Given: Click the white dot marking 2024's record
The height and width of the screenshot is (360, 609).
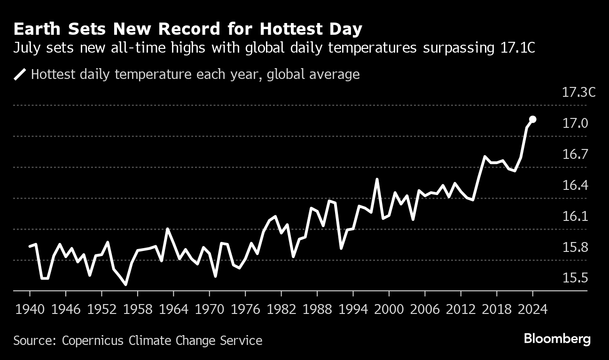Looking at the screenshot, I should pyautogui.click(x=533, y=119).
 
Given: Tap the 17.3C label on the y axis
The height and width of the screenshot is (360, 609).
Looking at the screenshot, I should pyautogui.click(x=578, y=92).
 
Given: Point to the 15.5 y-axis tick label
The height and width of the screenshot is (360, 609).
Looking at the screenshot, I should pyautogui.click(x=575, y=278).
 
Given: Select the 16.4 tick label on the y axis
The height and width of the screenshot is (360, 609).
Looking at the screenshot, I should pyautogui.click(x=575, y=186).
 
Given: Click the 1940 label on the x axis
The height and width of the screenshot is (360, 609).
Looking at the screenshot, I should pyautogui.click(x=30, y=310).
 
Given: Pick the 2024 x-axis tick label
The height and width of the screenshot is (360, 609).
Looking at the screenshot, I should pyautogui.click(x=533, y=310).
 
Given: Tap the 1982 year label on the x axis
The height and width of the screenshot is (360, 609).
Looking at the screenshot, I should pyautogui.click(x=281, y=310).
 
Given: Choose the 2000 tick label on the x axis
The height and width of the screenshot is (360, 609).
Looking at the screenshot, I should pyautogui.click(x=389, y=310).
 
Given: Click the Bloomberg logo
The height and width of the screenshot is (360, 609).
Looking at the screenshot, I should pyautogui.click(x=557, y=339).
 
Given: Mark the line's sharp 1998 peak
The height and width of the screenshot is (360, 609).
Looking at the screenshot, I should pyautogui.click(x=377, y=179).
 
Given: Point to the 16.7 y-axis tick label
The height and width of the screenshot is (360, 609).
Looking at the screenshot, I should pyautogui.click(x=575, y=155).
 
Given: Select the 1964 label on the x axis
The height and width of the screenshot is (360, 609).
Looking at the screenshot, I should pyautogui.click(x=174, y=310).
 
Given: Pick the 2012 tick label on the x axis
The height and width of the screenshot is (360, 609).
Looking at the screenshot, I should pyautogui.click(x=461, y=310).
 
